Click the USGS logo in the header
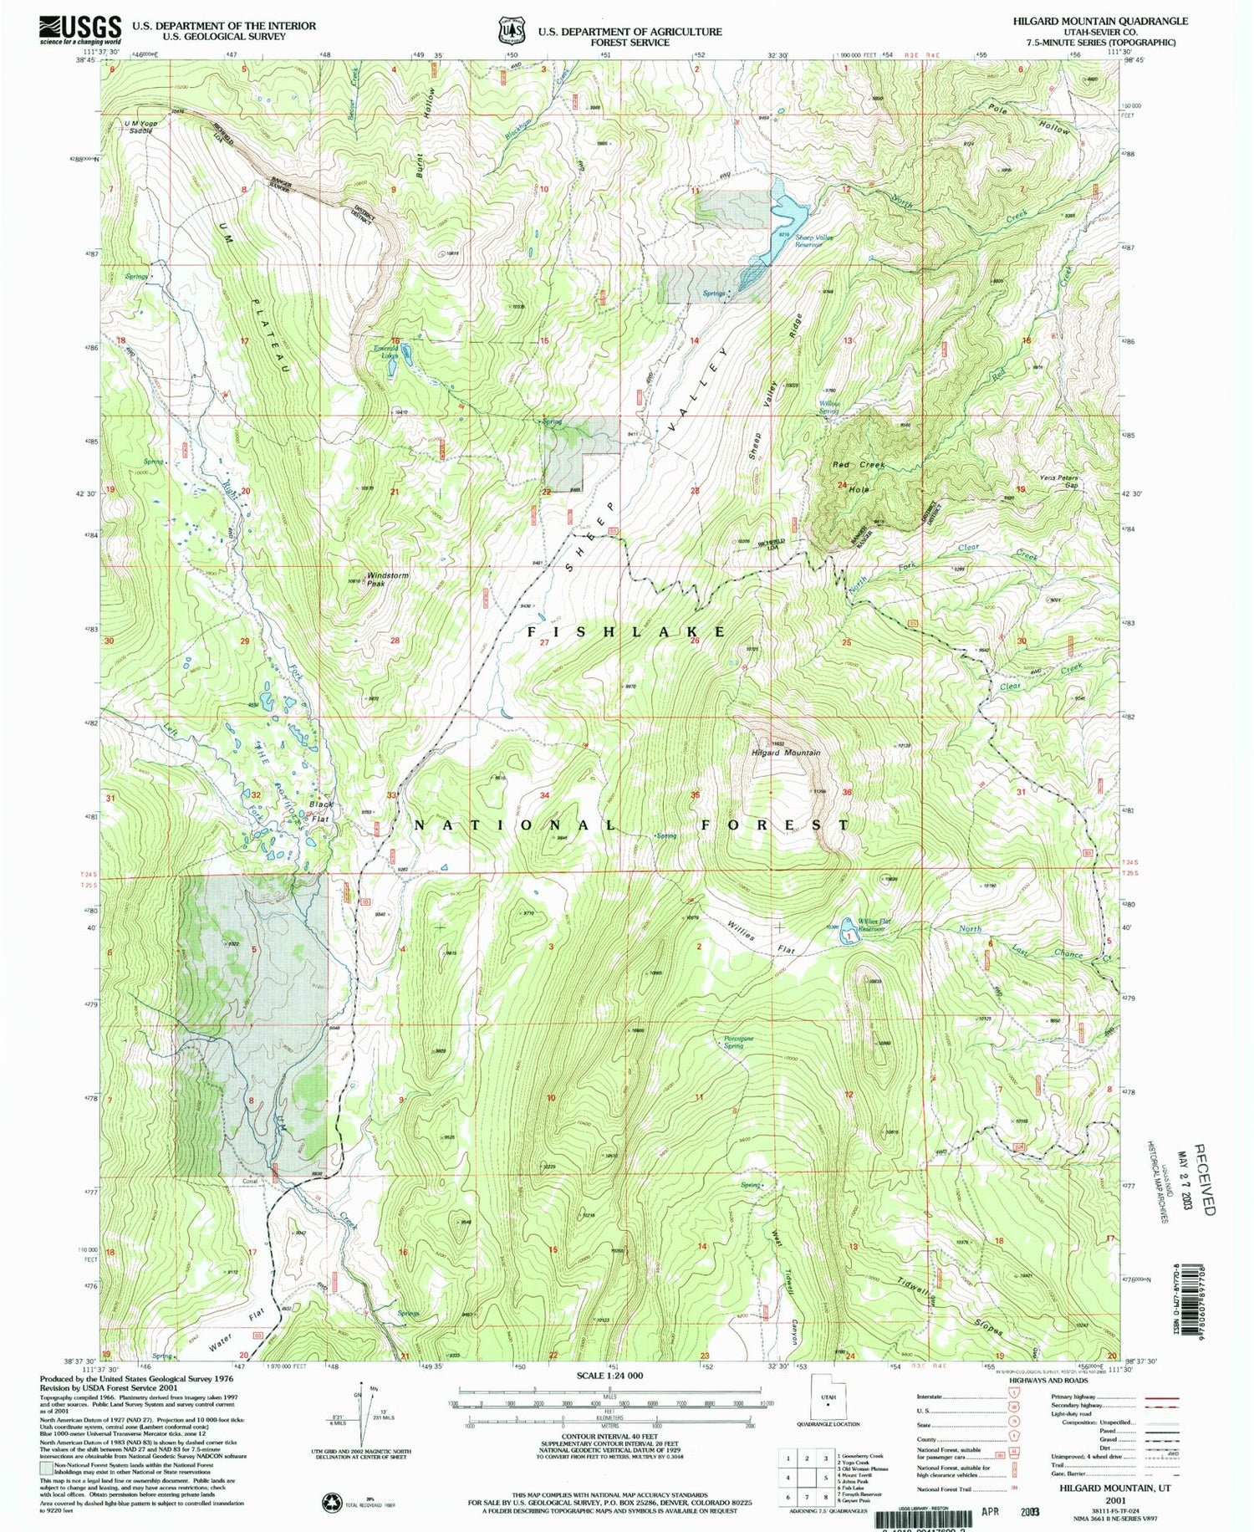(79, 29)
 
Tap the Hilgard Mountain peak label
(785, 753)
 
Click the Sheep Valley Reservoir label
(814, 241)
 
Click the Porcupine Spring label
(733, 1042)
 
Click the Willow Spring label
(828, 407)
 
